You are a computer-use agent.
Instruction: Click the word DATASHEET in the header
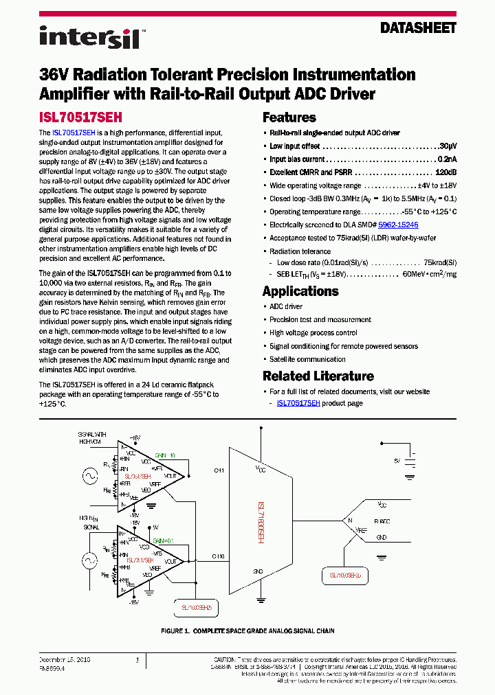(418, 28)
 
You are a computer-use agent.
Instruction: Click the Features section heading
(289, 117)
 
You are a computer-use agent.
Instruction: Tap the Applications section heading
(300, 291)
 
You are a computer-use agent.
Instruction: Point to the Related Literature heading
(318, 376)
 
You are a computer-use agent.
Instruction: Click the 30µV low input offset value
(447, 146)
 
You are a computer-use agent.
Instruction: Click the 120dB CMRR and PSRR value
(445, 172)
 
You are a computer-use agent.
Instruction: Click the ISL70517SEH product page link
(298, 404)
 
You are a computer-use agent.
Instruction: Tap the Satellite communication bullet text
(307, 359)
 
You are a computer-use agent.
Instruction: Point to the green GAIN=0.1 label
(163, 540)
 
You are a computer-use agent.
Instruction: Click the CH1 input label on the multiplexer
(219, 470)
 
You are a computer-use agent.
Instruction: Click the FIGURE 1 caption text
(247, 630)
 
